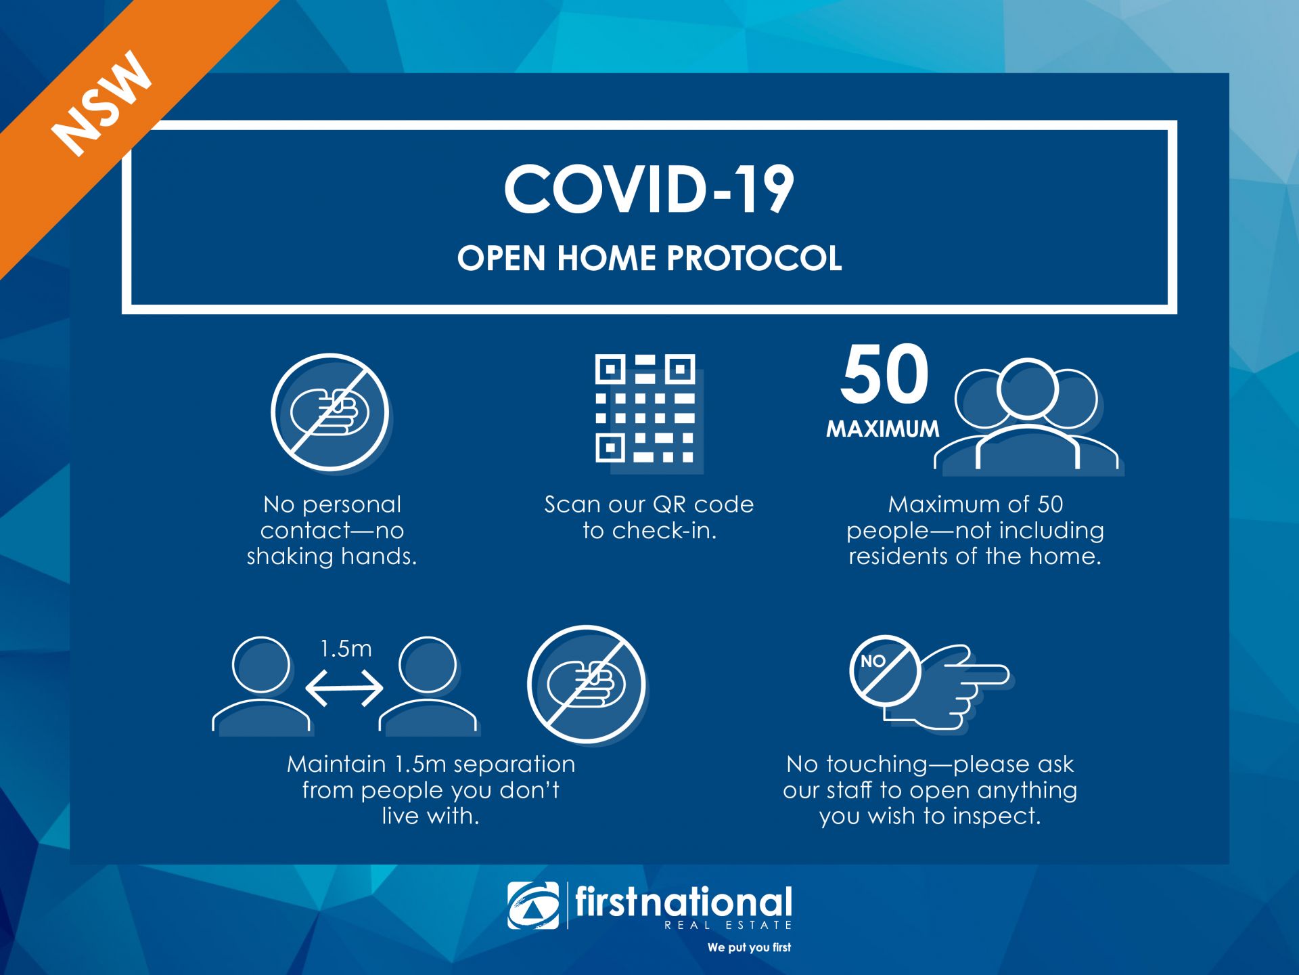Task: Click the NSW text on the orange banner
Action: [x=103, y=103]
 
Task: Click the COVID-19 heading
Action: [x=649, y=190]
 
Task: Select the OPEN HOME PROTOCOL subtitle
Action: [x=649, y=258]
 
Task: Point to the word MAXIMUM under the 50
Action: [x=883, y=429]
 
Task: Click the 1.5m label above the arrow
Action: [x=346, y=649]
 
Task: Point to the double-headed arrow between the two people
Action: [x=344, y=689]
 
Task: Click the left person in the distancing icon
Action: [x=262, y=685]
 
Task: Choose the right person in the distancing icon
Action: [x=428, y=685]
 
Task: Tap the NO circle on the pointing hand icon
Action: [x=884, y=670]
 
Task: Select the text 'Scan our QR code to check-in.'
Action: [x=649, y=517]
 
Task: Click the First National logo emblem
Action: [x=533, y=905]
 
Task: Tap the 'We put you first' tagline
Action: [x=749, y=947]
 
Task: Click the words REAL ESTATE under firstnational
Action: [x=728, y=925]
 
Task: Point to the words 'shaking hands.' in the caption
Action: [x=332, y=556]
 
